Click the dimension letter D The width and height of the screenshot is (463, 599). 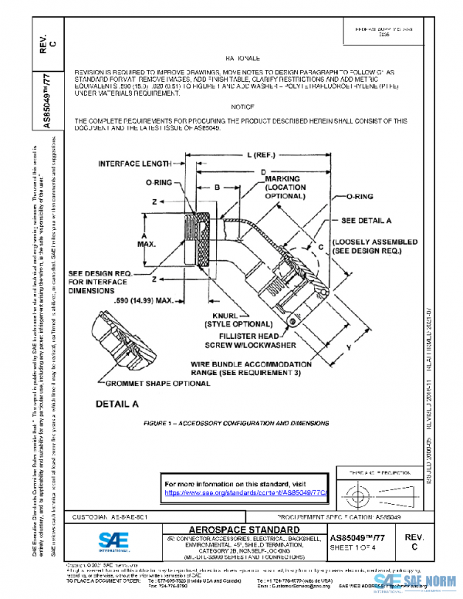coord(263,171)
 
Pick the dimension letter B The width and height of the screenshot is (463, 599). coord(218,187)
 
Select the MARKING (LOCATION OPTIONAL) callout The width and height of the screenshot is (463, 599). coord(287,188)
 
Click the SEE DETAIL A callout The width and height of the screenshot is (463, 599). coord(369,220)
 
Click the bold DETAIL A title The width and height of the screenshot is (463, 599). coord(117,404)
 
